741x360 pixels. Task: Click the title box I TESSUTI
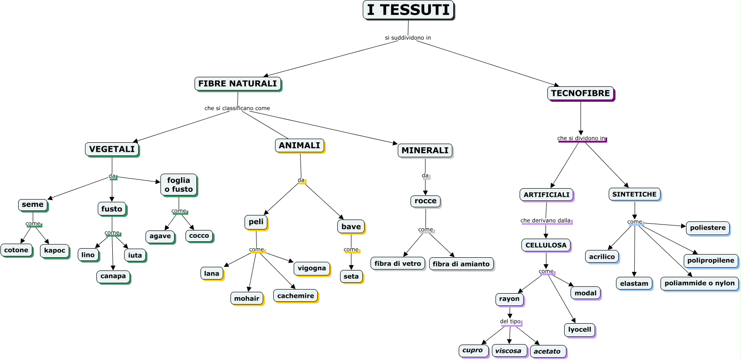[408, 10]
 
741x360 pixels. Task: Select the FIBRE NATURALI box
[238, 84]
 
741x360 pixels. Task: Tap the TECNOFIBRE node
[581, 93]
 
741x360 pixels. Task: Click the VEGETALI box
[112, 149]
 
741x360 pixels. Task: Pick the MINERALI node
[425, 150]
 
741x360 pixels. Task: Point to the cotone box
[16, 250]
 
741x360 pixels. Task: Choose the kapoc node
[55, 250]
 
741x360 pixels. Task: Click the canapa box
[113, 276]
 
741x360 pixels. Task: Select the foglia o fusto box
[179, 185]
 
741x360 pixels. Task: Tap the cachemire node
[295, 296]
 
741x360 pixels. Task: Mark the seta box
[351, 276]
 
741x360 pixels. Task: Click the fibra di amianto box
[461, 264]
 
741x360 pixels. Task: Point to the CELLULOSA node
[546, 245]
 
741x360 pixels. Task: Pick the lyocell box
[580, 330]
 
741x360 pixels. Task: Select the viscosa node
[509, 351]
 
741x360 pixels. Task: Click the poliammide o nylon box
[699, 283]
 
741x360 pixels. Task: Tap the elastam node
[634, 283]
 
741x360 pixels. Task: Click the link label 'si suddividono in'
[408, 38]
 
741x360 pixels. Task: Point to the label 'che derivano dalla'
[546, 220]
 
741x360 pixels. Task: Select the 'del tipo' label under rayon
[510, 321]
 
